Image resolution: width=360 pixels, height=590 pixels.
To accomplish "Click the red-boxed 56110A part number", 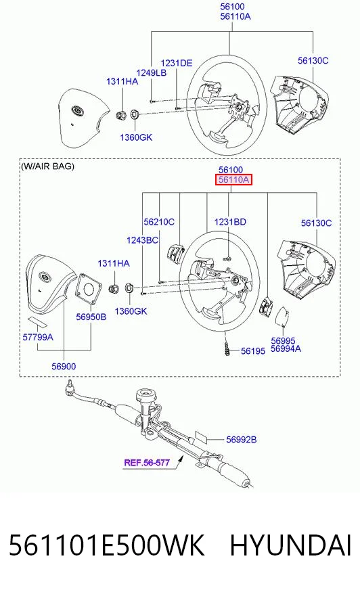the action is (x=233, y=180).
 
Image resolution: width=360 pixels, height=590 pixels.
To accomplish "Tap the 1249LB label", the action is (x=151, y=72).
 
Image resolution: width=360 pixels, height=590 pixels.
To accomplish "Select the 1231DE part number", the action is (x=177, y=63).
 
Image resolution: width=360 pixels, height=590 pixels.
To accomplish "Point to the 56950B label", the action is (x=91, y=317).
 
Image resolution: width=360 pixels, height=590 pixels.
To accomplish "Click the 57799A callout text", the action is (x=38, y=337).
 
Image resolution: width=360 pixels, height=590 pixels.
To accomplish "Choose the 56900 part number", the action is (x=64, y=366).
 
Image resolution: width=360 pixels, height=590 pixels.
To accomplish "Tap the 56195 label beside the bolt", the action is (x=253, y=350).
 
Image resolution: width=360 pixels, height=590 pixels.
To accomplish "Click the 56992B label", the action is (x=241, y=440).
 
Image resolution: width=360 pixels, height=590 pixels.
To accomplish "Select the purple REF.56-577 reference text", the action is (x=147, y=462).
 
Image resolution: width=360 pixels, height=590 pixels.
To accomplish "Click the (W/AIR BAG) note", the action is (x=48, y=166).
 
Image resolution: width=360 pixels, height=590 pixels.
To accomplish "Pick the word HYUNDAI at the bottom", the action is (x=291, y=545).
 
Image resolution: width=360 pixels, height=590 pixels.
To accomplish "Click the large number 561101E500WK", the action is (x=106, y=545).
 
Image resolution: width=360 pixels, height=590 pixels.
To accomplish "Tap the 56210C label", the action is (x=159, y=222).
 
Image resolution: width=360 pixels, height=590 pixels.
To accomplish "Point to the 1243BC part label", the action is (x=142, y=240).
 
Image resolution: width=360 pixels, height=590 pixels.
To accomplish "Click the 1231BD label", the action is (x=230, y=222).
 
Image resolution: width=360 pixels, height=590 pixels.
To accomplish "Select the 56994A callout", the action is (x=286, y=349).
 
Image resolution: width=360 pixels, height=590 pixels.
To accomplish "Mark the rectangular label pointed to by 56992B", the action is (x=200, y=438).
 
